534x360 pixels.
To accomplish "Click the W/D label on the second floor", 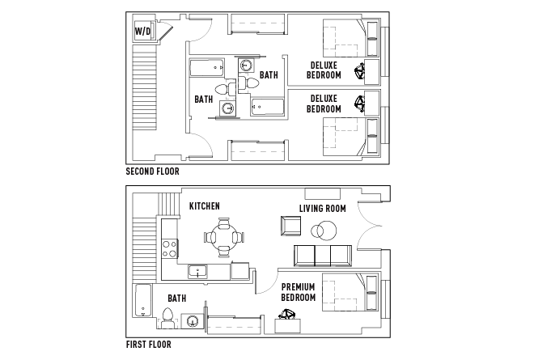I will click(142, 32).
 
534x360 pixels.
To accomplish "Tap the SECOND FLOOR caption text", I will click(153, 172).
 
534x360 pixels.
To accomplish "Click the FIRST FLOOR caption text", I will click(149, 344).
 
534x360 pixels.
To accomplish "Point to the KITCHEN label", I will click(204, 206).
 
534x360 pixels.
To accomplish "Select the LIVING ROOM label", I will click(323, 208).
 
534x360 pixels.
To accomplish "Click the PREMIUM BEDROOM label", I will click(299, 292).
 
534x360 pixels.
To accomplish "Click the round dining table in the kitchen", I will click(222, 238).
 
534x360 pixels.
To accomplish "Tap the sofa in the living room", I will click(323, 256).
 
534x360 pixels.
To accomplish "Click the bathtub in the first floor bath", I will click(142, 301).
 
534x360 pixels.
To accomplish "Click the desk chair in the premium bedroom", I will click(287, 322).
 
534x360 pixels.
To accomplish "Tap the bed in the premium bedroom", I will click(348, 292).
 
